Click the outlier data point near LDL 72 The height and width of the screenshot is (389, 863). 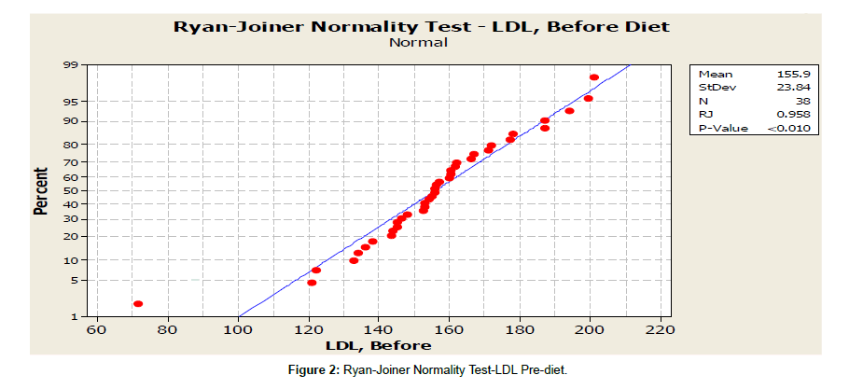138,303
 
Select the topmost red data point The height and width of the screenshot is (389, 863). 594,77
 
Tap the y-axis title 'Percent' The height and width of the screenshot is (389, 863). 41,191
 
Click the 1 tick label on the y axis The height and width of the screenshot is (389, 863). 83,316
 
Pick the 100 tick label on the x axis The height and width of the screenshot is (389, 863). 238,329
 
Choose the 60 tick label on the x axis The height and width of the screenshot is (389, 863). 97,329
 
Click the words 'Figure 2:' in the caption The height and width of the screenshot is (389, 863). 318,369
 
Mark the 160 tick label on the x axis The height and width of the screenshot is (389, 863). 449,329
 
